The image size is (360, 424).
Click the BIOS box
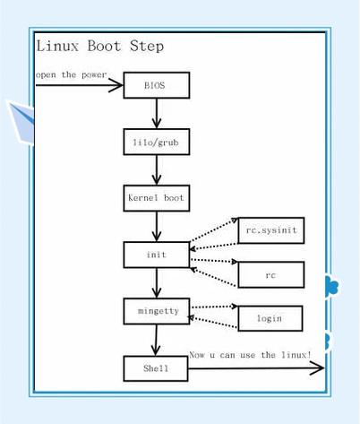coord(156,85)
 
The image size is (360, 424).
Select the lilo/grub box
coord(156,142)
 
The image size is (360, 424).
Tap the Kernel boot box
coord(156,197)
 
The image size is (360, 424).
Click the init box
coord(156,255)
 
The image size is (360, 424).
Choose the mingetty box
coord(156,311)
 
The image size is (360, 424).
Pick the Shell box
coord(156,368)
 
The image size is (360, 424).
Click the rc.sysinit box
coord(270,230)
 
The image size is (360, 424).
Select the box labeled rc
coord(270,274)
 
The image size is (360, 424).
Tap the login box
coord(270,318)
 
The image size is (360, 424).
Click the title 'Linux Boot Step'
coord(99,47)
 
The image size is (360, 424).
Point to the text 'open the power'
coord(71,74)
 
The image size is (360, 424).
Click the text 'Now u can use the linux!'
coord(250,355)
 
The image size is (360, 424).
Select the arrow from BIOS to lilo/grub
coord(157,113)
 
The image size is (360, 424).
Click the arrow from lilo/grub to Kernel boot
coord(157,169)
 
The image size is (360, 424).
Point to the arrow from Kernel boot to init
coord(157,226)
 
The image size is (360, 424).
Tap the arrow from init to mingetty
coord(157,282)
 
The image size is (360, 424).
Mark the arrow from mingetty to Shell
coord(156,340)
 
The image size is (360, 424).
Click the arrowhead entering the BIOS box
coord(116,85)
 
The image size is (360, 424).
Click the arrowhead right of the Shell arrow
coord(316,368)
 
